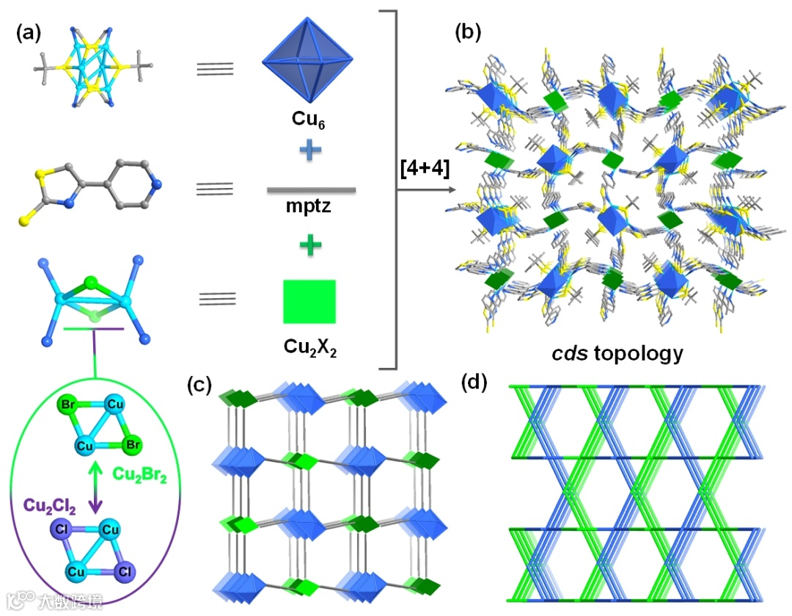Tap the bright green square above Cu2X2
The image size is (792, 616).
pos(309,301)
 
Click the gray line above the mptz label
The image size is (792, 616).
pos(311,189)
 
